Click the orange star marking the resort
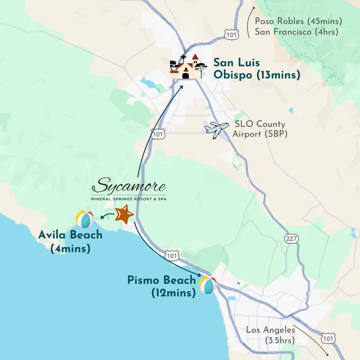pos(124,214)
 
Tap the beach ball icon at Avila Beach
pos(85,219)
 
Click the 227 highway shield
pos(291,238)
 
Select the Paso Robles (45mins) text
pos(298,21)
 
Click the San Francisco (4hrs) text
pos(296,32)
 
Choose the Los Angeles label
pos(270,330)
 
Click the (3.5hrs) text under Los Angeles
pos(280,341)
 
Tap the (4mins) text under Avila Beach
pos(70,249)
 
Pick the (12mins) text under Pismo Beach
pos(173,293)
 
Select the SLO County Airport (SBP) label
pos(259,129)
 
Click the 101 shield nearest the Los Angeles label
pos(328,338)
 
